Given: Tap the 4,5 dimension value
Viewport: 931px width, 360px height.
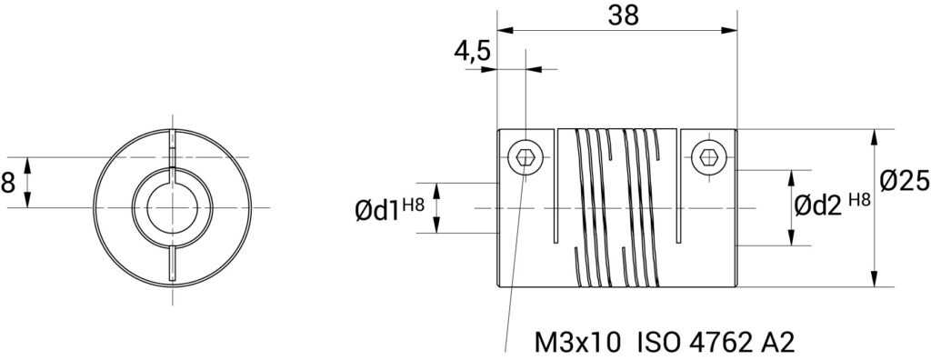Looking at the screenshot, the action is coord(473,53).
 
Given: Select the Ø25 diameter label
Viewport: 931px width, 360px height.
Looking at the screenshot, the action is coord(905,182).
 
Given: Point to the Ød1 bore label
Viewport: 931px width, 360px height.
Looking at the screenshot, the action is coord(377,210).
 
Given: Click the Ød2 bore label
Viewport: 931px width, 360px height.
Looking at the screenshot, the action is coord(819,206).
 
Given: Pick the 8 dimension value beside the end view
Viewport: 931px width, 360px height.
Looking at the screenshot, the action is coord(7,183).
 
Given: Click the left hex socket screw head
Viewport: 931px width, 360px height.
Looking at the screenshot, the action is coord(526,157).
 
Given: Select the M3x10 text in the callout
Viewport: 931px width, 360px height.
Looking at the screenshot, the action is coord(578,343).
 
